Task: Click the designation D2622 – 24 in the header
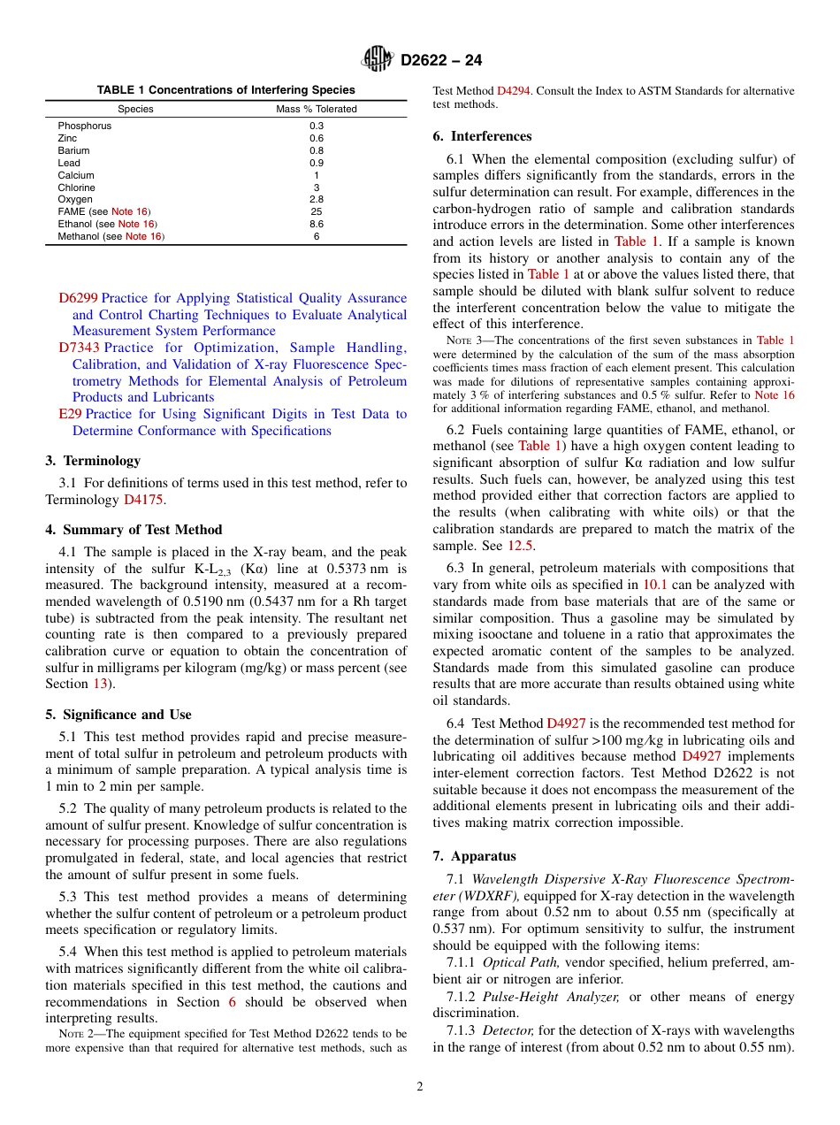point(441,61)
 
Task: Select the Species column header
point(135,109)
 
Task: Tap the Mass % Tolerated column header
point(317,109)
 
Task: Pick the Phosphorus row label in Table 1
point(85,126)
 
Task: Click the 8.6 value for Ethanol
point(317,225)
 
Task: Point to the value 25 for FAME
point(317,212)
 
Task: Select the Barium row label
point(73,150)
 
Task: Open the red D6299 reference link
point(78,298)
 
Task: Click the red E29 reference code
point(70,414)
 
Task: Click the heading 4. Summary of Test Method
point(134,530)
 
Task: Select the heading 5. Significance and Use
point(118,715)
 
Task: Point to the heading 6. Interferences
point(482,136)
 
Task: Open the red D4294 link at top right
point(514,91)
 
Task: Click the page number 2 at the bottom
point(420,1087)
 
